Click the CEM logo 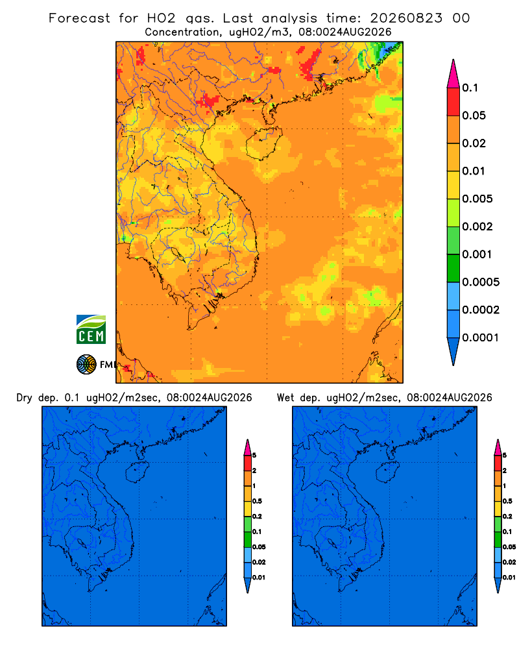pos(91,329)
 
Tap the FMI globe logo pos(86,364)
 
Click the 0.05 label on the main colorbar pos(474,116)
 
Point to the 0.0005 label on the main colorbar pos(481,282)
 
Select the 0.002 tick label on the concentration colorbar pos(477,227)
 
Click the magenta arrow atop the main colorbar pos(453,73)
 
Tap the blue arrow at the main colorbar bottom pos(453,351)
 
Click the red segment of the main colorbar pos(453,102)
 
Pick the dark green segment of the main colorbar pos(453,268)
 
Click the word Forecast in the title pos(79,18)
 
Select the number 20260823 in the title pos(406,18)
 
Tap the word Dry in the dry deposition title pos(24,398)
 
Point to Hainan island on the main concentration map pos(264,143)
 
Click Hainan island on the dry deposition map pos(137,472)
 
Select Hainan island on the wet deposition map pos(388,472)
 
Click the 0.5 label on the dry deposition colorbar pos(257,501)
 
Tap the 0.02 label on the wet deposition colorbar pos(509,562)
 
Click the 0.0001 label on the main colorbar pos(481,337)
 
